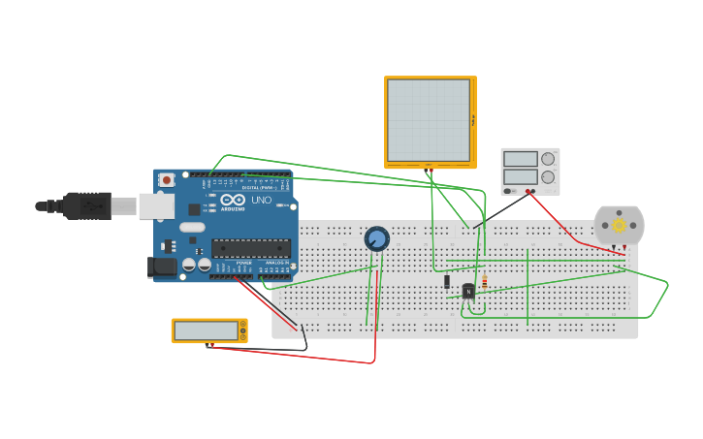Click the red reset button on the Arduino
[x=167, y=180]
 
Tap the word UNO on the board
[x=262, y=200]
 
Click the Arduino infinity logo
[x=233, y=200]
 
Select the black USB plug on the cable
[x=85, y=205]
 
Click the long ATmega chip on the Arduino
[x=250, y=248]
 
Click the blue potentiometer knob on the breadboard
[x=376, y=237]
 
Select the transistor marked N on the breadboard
[x=468, y=290]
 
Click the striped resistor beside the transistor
[x=484, y=282]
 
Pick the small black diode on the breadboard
[x=447, y=282]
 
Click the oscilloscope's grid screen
[x=429, y=120]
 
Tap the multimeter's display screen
[x=206, y=330]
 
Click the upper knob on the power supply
[x=548, y=159]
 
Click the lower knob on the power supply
[x=548, y=177]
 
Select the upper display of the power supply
[x=520, y=159]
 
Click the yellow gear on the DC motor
[x=619, y=225]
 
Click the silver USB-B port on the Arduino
[x=156, y=205]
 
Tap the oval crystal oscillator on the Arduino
[x=192, y=227]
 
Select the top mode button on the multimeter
[x=242, y=325]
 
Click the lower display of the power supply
[x=520, y=177]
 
